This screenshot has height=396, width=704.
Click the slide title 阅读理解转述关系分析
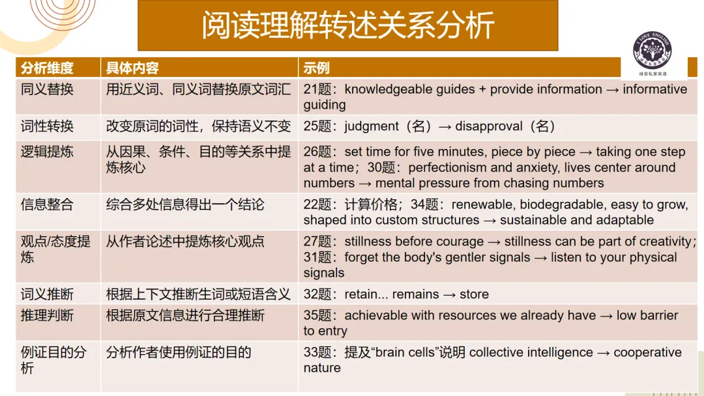click(x=347, y=26)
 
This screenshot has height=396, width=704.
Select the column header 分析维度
click(x=47, y=68)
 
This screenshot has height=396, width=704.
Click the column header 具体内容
click(x=132, y=68)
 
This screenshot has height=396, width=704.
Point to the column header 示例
click(x=316, y=68)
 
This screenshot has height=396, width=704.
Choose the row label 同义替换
click(x=47, y=89)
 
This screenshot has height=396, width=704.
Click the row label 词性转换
click(x=47, y=126)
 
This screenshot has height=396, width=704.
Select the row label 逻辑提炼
click(x=47, y=152)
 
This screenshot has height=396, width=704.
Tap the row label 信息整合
click(x=47, y=205)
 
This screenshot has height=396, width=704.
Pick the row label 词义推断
click(x=47, y=294)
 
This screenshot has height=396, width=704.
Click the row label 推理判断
click(x=47, y=316)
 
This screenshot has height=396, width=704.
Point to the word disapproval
click(x=494, y=126)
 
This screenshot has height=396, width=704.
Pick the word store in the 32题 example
click(x=474, y=294)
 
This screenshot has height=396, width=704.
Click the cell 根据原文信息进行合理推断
click(x=185, y=316)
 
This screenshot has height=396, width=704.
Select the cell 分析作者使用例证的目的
click(x=179, y=353)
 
